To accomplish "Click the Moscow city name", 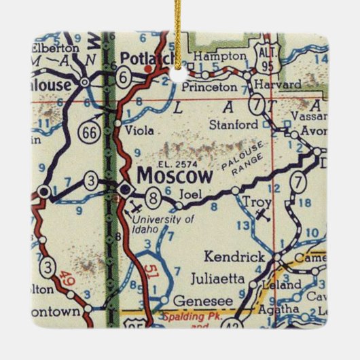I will [175, 175].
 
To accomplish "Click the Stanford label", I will [236, 125].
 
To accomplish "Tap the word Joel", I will [188, 193].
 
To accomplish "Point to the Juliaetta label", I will [230, 278].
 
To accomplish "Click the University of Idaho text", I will [154, 223].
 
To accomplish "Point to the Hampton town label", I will [212, 56].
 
